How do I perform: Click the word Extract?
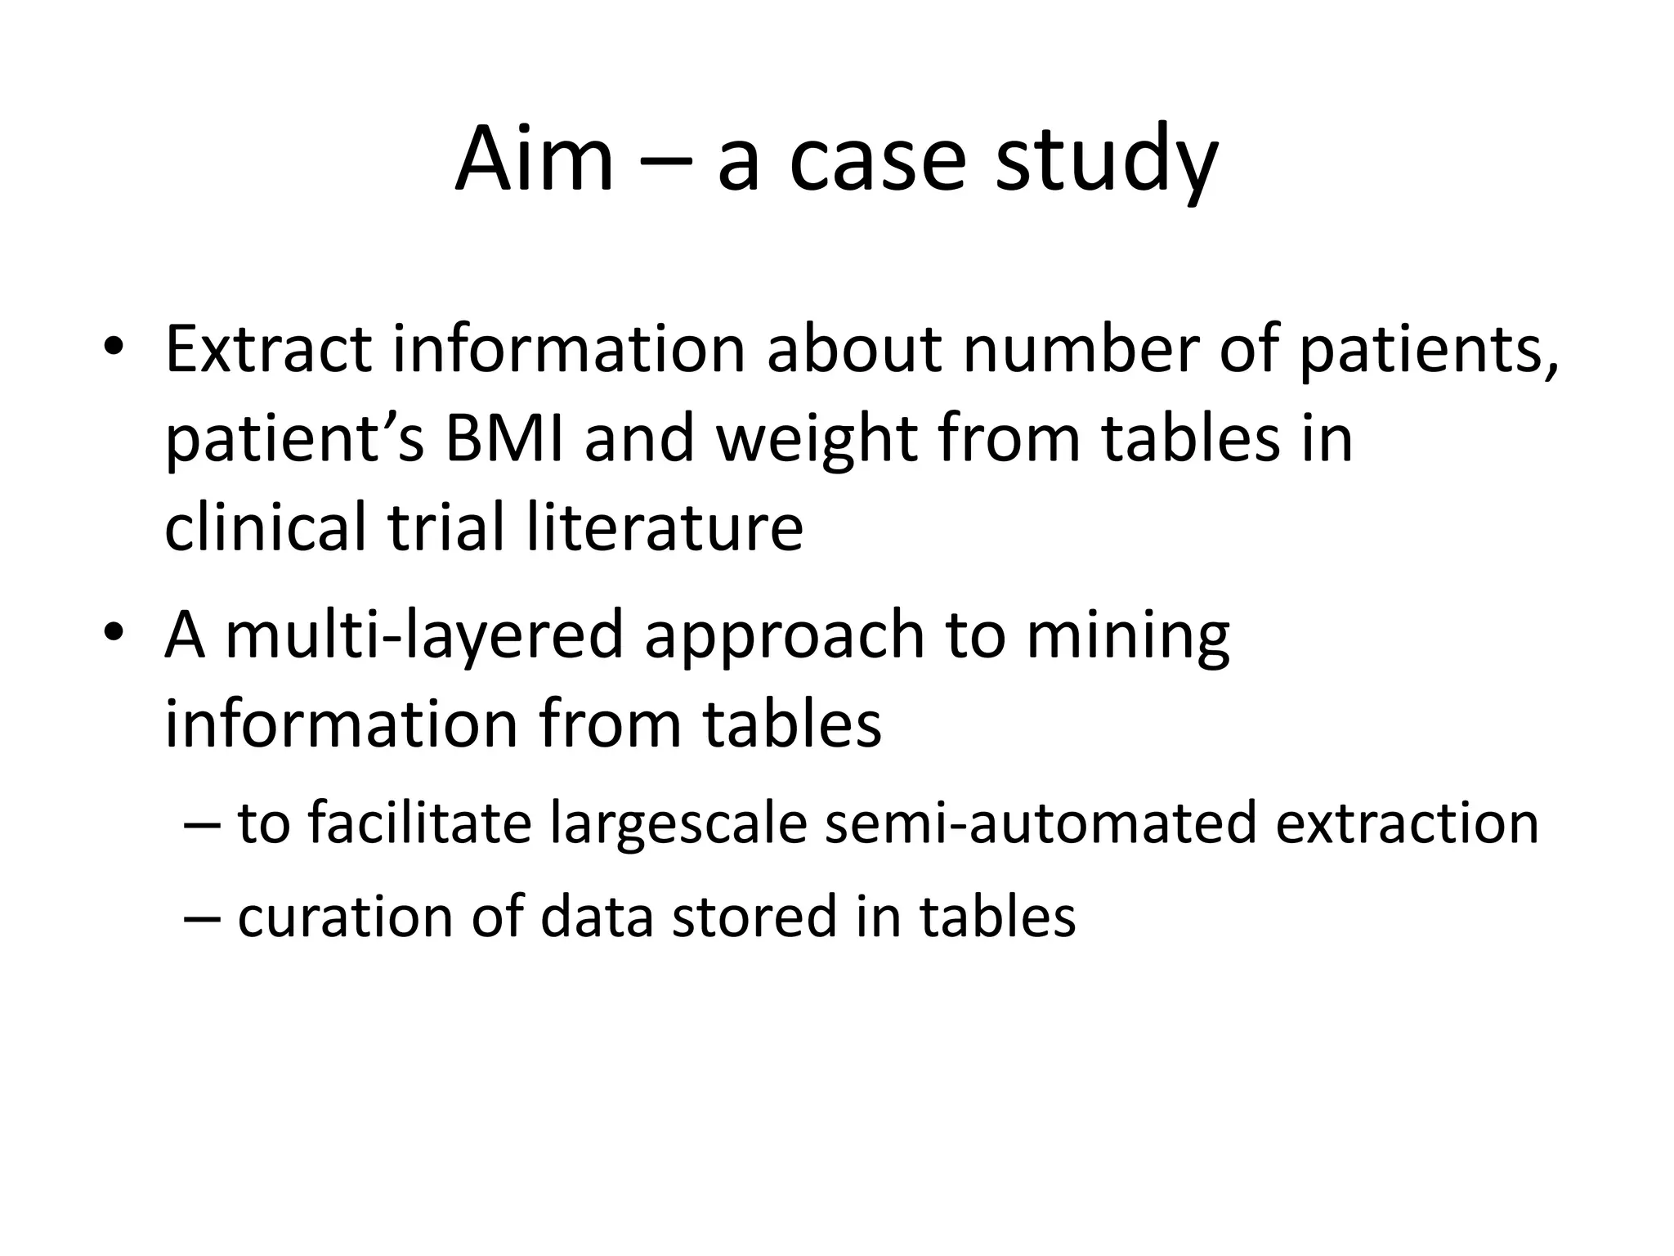coord(268,349)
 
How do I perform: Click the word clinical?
coord(266,527)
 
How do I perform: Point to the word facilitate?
coord(419,823)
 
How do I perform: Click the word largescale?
coord(678,824)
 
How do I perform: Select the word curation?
coord(344,916)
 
